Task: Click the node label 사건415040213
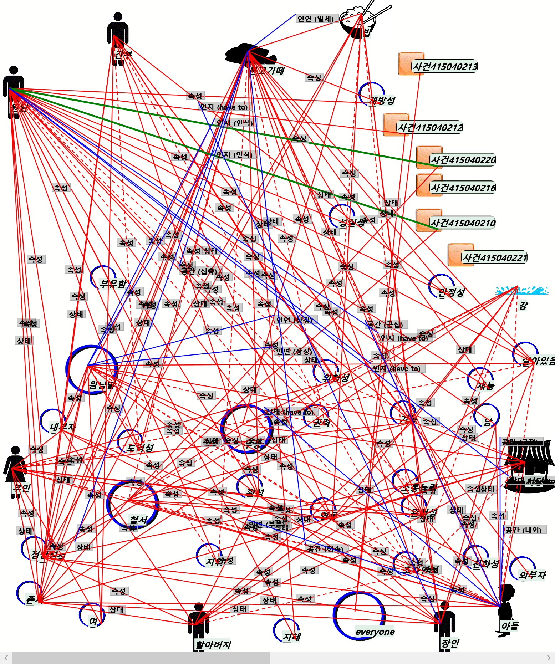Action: pyautogui.click(x=445, y=66)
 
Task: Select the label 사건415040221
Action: pyautogui.click(x=494, y=257)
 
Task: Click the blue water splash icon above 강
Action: pyautogui.click(x=521, y=291)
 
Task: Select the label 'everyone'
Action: pyautogui.click(x=375, y=632)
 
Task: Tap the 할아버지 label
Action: pyautogui.click(x=213, y=644)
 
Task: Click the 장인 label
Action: pyautogui.click(x=450, y=643)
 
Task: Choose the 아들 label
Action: pyautogui.click(x=510, y=626)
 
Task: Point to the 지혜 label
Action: pyautogui.click(x=292, y=637)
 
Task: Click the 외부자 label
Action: pyautogui.click(x=532, y=575)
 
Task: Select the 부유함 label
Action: pyautogui.click(x=113, y=284)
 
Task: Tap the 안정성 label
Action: pyautogui.click(x=452, y=293)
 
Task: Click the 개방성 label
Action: pyautogui.click(x=382, y=100)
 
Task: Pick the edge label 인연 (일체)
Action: pyautogui.click(x=315, y=19)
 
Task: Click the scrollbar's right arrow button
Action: pyautogui.click(x=549, y=658)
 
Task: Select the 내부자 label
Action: pyautogui.click(x=63, y=427)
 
